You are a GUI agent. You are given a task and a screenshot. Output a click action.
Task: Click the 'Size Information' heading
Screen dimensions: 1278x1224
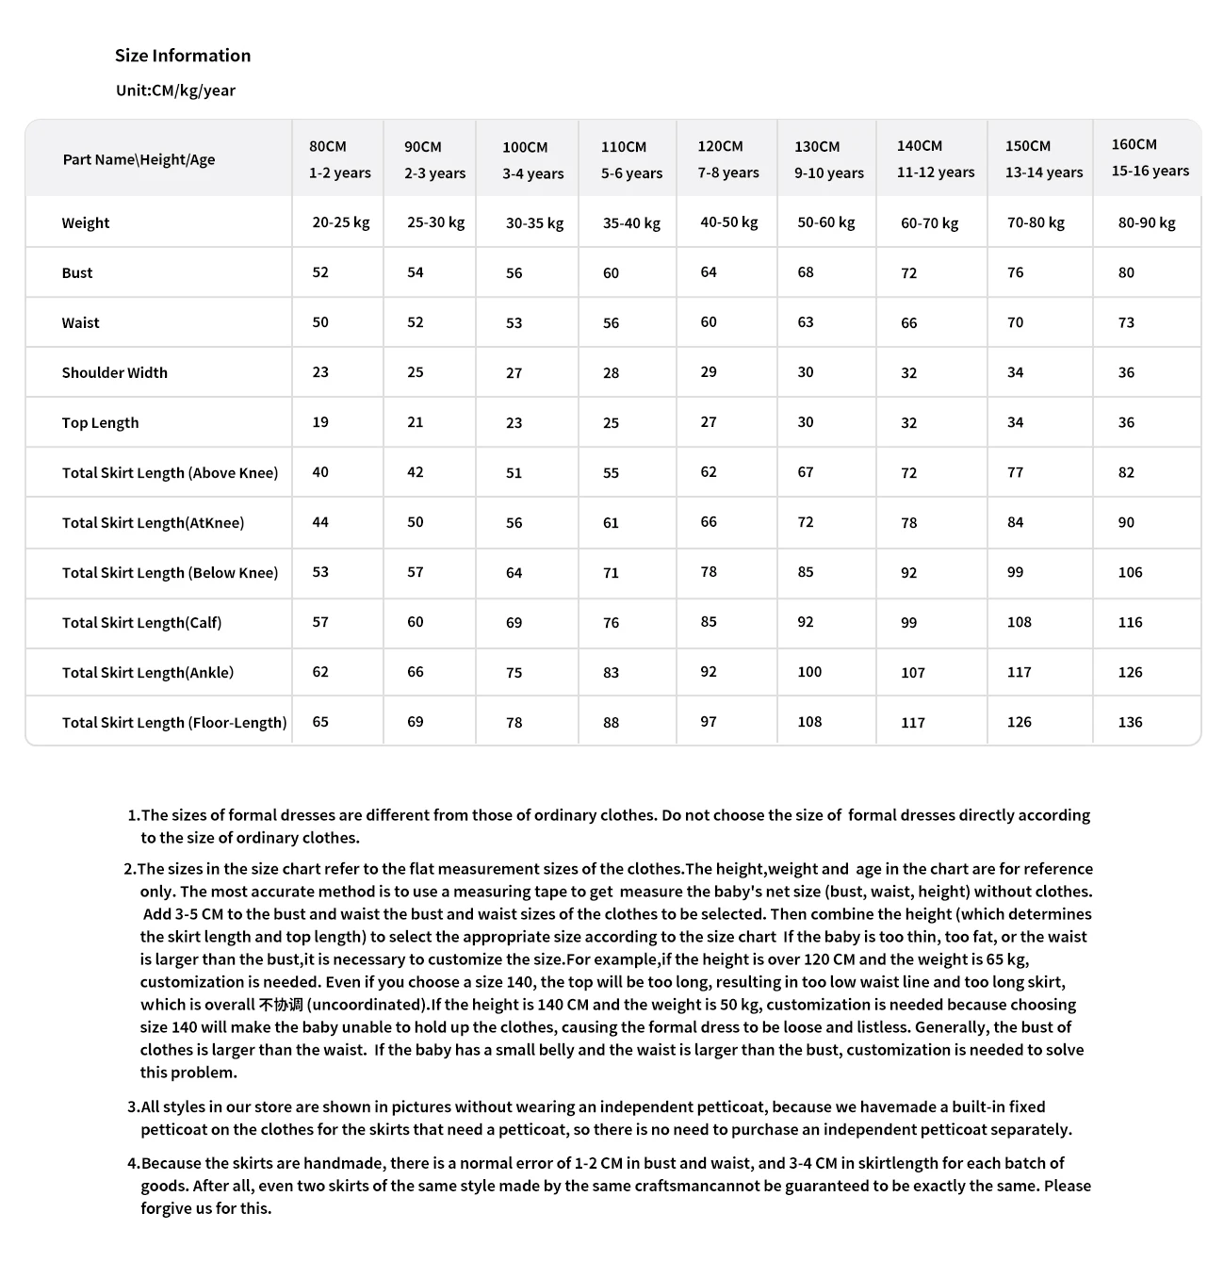click(x=183, y=56)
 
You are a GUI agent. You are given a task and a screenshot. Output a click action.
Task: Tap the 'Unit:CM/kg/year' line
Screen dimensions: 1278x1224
click(x=175, y=90)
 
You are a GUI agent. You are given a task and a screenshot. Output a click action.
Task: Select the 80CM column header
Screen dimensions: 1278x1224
click(x=328, y=147)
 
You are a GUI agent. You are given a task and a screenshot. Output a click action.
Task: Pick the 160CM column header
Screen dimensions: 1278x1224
click(x=1134, y=144)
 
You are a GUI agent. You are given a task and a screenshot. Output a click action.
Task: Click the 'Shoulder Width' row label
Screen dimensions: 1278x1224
click(x=115, y=373)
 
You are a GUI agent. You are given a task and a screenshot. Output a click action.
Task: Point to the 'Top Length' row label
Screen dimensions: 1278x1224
click(x=100, y=423)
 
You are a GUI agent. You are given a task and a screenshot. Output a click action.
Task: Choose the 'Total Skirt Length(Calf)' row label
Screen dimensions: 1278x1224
click(x=142, y=623)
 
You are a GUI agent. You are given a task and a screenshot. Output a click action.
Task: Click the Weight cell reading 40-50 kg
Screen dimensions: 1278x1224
click(x=728, y=222)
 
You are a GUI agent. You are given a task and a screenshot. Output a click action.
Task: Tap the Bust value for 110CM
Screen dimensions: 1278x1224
click(x=611, y=273)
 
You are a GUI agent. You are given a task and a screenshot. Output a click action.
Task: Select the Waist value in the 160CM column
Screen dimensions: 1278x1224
click(x=1126, y=322)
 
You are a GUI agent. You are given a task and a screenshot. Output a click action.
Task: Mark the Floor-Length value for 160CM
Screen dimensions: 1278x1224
click(x=1130, y=723)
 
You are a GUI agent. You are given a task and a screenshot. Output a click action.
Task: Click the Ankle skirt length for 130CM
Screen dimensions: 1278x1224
click(x=809, y=672)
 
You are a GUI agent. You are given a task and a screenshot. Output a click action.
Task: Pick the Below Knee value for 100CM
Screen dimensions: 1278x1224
click(x=514, y=573)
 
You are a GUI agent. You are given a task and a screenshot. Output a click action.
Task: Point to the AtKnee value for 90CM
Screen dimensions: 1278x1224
click(x=416, y=522)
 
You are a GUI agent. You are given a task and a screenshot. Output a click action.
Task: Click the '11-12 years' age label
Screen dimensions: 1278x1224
click(x=936, y=172)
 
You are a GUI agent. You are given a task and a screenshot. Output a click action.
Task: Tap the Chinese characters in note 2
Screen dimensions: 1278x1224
click(x=281, y=1005)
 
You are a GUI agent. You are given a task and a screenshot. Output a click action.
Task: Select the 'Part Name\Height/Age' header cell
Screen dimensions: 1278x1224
click(x=139, y=159)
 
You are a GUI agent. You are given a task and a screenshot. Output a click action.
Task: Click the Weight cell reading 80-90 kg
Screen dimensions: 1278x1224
click(x=1147, y=223)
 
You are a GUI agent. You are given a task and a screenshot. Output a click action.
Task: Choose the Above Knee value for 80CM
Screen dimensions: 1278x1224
click(x=320, y=472)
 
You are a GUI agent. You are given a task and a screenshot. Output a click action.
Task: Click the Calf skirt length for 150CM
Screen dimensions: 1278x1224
click(x=1019, y=622)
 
